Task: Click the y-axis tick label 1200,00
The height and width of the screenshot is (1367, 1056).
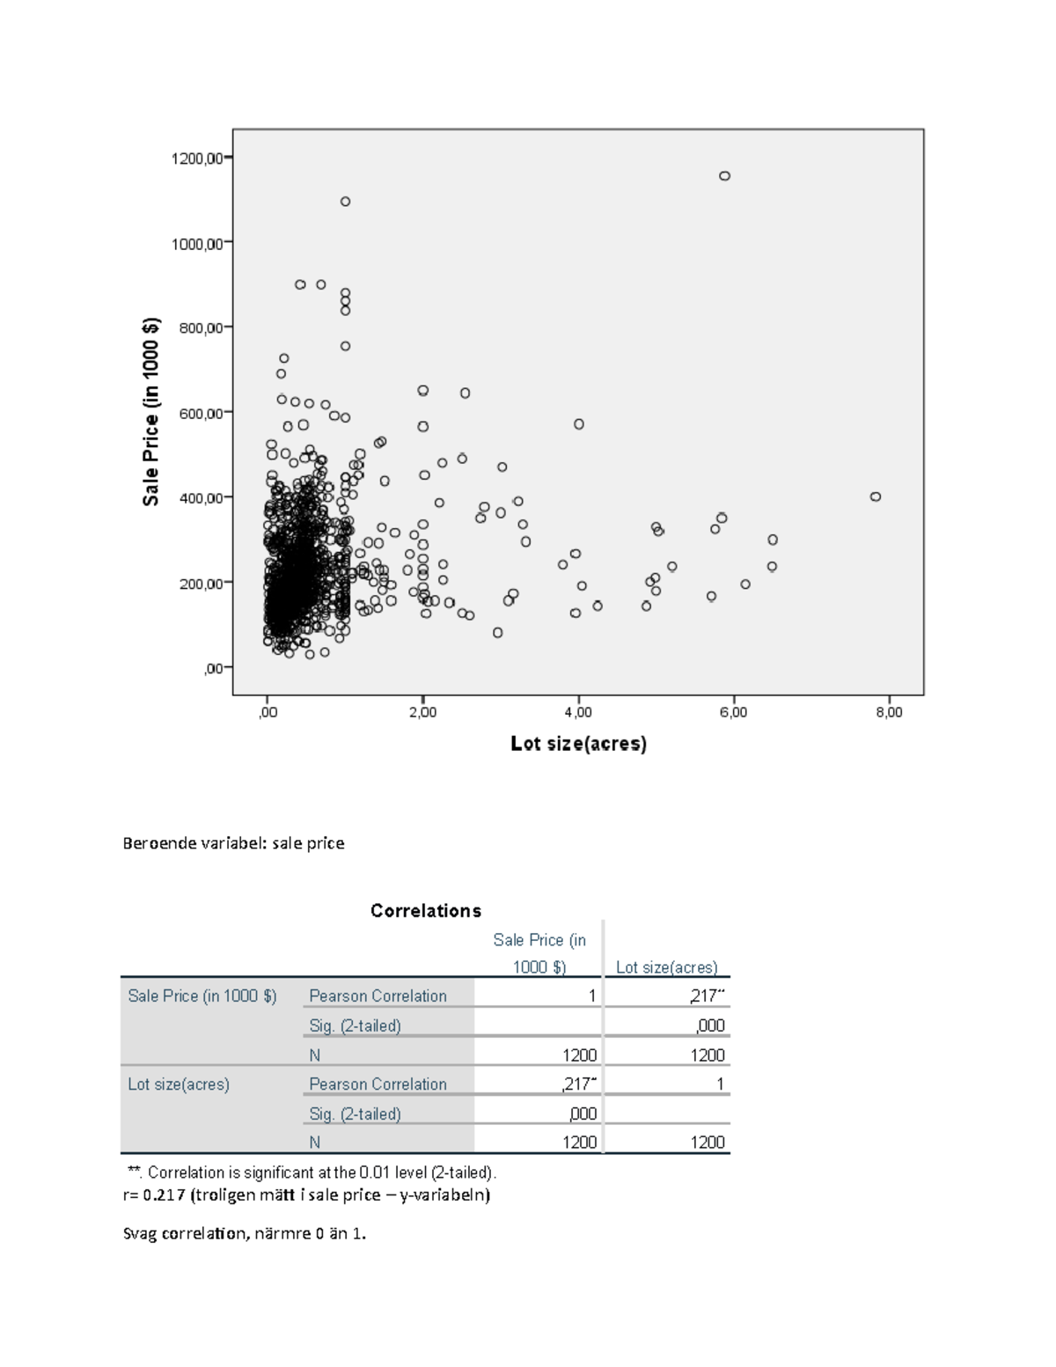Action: coord(197,158)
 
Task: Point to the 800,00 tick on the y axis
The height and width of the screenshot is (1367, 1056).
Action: coord(201,327)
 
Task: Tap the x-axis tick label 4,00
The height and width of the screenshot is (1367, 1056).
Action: coord(578,713)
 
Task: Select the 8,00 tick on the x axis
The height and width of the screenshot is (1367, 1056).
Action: coord(889,713)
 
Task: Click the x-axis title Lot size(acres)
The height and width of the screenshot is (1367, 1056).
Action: coord(578,744)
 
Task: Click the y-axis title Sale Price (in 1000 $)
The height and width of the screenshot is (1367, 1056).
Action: coord(151,411)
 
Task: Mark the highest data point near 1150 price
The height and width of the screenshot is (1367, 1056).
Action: coord(724,176)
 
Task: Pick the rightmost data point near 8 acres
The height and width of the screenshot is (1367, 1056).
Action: coord(876,496)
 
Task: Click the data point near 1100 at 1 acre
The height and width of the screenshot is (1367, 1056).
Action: coord(345,202)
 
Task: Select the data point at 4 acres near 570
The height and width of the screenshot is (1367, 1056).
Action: coord(579,424)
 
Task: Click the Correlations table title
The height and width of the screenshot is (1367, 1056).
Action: coord(426,911)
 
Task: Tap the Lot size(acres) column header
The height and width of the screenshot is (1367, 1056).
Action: coord(666,967)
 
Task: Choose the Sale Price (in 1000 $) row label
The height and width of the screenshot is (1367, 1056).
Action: coord(202,996)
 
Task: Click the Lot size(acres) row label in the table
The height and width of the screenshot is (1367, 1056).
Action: coord(179,1084)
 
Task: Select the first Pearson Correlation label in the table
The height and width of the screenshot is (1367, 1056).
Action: coord(378,996)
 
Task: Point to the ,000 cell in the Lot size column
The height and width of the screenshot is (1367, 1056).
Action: coord(709,1025)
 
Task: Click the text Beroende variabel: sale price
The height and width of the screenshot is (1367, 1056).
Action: coord(233,843)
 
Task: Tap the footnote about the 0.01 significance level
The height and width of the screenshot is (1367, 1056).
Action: coord(312,1172)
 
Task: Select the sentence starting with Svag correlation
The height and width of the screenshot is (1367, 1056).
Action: coord(245,1233)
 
